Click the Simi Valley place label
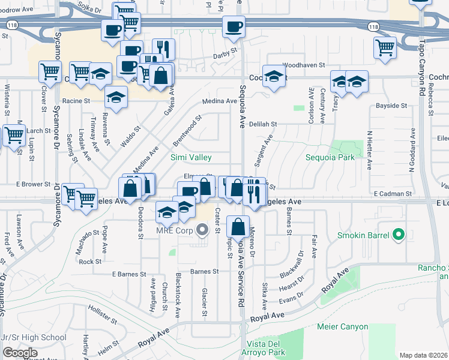(x=190, y=157)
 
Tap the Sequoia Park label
(x=330, y=157)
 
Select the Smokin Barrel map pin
(x=397, y=236)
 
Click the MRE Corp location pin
(x=202, y=230)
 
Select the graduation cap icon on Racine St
(x=116, y=96)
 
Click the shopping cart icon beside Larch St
(x=14, y=135)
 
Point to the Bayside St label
(x=391, y=106)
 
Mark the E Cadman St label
(x=392, y=194)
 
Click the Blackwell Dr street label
(x=291, y=264)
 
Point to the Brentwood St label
(x=186, y=128)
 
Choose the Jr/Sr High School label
(x=35, y=337)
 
